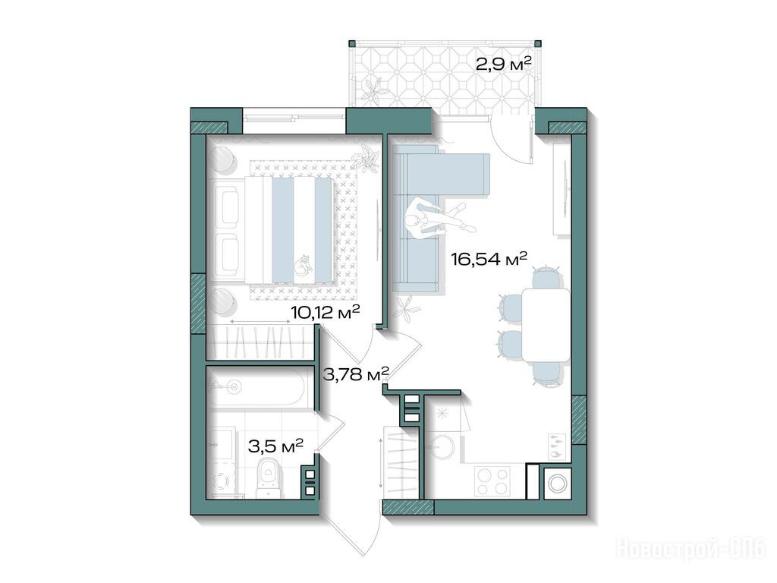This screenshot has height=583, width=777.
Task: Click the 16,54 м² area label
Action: (489, 259)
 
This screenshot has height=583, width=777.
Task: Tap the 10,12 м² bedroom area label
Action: (325, 313)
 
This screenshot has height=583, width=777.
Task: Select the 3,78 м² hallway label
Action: (355, 373)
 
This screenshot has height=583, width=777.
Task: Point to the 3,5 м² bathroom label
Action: (275, 446)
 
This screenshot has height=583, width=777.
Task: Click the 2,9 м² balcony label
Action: (504, 64)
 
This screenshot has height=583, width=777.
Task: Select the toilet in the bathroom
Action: (269, 477)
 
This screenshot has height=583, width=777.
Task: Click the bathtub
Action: (256, 389)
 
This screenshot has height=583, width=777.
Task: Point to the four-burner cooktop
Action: (492, 481)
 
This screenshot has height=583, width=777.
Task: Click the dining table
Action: (546, 325)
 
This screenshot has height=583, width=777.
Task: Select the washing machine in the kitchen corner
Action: (558, 483)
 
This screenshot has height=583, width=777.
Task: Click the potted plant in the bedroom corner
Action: (366, 159)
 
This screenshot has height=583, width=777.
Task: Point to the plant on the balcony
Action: (373, 90)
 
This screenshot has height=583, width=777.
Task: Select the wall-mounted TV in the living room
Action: (565, 188)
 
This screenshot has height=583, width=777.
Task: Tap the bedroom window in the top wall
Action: (294, 118)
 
